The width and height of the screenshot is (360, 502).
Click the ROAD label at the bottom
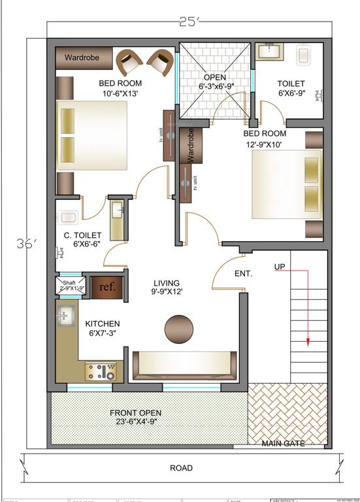pyautogui.click(x=181, y=468)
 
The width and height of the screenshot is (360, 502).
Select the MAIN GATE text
pyautogui.click(x=285, y=444)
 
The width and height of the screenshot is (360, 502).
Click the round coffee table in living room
pyautogui.click(x=179, y=329)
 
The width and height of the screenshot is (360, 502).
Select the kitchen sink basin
pyautogui.click(x=65, y=316)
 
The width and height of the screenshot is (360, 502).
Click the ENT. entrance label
pyautogui.click(x=244, y=273)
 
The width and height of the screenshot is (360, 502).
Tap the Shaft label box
pyautogui.click(x=68, y=286)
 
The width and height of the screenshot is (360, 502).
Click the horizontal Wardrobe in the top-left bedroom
pyautogui.click(x=82, y=58)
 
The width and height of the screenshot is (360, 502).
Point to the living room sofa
pyautogui.click(x=185, y=366)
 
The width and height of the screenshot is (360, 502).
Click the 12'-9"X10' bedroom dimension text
pyautogui.click(x=284, y=144)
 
